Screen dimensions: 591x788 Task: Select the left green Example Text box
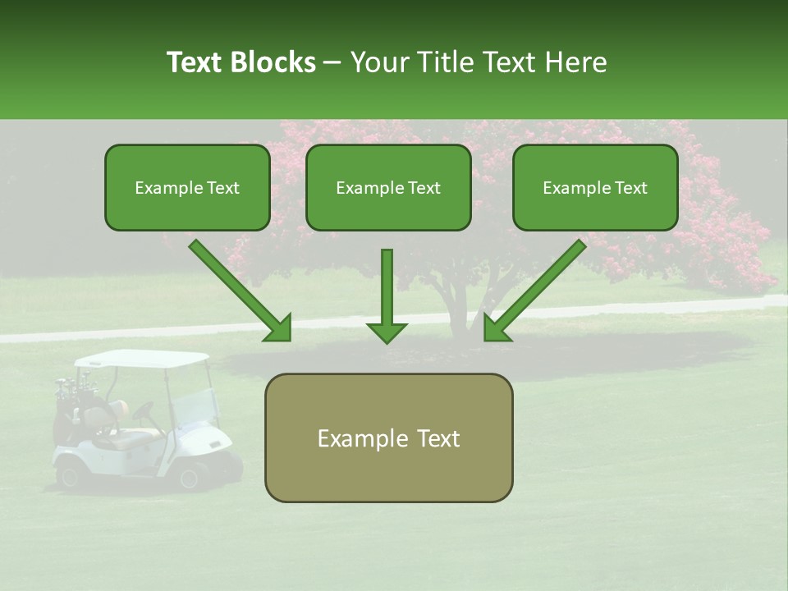(x=187, y=188)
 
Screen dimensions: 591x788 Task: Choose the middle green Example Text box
(x=388, y=188)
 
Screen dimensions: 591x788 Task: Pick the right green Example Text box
(x=595, y=188)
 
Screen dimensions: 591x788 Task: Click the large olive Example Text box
(x=388, y=438)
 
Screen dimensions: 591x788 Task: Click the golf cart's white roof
(x=142, y=359)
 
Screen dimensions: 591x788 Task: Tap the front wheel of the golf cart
(x=194, y=475)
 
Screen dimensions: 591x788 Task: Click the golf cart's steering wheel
(x=144, y=411)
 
